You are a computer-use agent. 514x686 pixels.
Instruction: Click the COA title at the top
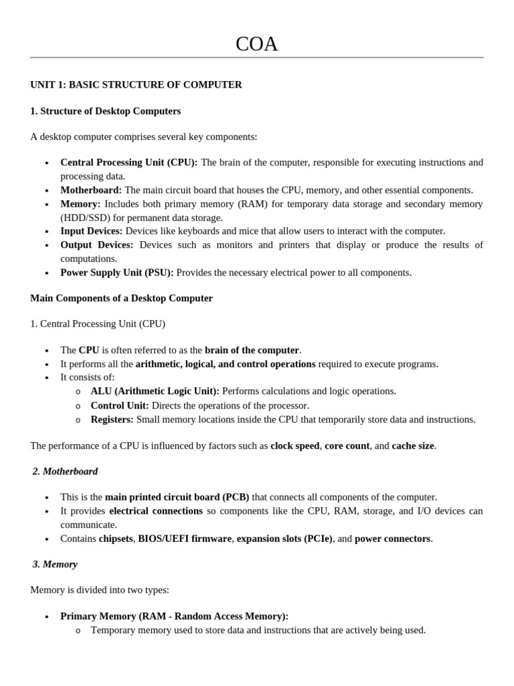point(256,44)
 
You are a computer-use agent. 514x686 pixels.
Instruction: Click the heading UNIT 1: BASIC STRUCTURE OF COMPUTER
point(136,85)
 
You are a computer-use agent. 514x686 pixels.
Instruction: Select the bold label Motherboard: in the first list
point(91,190)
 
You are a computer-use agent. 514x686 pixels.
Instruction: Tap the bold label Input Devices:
point(92,231)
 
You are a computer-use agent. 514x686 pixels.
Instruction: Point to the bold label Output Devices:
point(97,245)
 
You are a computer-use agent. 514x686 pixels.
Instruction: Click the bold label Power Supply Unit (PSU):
point(117,273)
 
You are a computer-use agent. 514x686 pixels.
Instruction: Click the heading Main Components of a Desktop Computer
point(121,298)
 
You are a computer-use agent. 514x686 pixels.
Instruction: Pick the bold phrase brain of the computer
point(252,350)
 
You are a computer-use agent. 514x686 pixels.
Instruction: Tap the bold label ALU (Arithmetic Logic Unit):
point(155,391)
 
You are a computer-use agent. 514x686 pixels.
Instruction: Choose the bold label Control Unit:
point(120,405)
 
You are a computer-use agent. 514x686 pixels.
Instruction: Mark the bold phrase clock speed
point(294,445)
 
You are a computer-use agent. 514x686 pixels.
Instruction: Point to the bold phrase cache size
point(412,445)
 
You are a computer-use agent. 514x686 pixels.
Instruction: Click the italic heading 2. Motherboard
point(65,472)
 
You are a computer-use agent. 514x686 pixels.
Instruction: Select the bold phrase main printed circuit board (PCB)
point(177,497)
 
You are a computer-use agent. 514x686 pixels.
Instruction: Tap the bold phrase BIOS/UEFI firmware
point(185,539)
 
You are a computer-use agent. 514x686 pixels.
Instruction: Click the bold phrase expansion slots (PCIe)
point(284,539)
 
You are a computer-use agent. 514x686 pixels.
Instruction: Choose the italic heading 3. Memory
point(55,564)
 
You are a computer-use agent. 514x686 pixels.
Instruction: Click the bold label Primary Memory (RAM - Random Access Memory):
point(174,616)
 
